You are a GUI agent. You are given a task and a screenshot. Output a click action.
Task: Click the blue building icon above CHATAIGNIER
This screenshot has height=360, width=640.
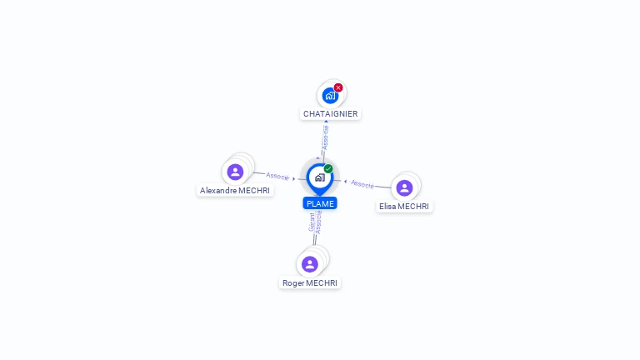click(330, 96)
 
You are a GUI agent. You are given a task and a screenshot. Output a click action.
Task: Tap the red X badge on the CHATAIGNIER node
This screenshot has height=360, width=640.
click(338, 87)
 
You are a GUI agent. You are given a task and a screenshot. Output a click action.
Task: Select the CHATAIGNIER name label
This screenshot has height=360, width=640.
click(331, 114)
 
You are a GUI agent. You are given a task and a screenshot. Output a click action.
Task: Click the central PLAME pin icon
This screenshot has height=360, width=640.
click(319, 177)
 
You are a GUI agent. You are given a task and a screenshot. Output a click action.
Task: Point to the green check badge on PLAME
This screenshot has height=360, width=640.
click(328, 168)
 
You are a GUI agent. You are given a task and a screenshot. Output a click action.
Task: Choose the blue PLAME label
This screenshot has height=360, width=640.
click(320, 203)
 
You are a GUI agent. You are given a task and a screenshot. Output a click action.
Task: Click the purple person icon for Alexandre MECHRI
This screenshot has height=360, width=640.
click(235, 172)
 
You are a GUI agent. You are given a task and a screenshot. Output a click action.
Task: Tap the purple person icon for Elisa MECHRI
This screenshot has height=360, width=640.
click(404, 188)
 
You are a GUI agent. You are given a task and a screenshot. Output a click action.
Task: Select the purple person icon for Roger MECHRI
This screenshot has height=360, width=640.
click(310, 264)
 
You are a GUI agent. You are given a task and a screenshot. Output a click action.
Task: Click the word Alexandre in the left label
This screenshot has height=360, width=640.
click(218, 191)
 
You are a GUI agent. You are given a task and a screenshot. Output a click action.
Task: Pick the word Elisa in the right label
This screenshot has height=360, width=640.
click(387, 207)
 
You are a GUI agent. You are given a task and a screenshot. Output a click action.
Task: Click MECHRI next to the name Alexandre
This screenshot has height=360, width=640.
click(255, 191)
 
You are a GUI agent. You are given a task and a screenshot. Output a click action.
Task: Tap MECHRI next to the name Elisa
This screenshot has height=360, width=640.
click(414, 207)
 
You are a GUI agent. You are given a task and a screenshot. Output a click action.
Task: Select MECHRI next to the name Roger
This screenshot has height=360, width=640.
click(322, 283)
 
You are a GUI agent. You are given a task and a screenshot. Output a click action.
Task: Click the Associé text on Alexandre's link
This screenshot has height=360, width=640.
click(277, 177)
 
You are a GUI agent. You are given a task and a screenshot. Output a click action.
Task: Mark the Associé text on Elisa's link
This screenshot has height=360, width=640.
click(362, 183)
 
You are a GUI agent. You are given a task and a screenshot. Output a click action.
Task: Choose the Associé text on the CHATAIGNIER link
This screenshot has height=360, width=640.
click(326, 137)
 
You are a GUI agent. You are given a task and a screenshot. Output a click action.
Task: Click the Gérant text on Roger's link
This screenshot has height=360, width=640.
click(312, 222)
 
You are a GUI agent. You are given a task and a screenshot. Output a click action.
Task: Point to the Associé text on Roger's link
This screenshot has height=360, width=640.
click(318, 222)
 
